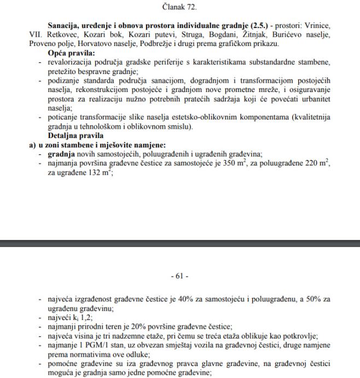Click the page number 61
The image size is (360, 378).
coord(180,276)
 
